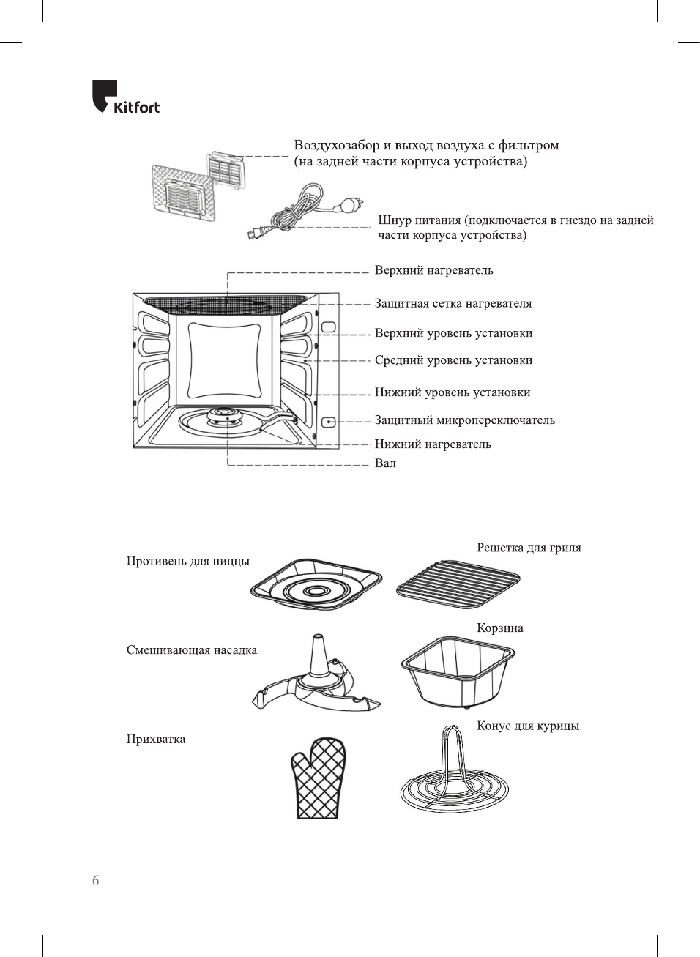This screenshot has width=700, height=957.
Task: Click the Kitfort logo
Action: point(125,97)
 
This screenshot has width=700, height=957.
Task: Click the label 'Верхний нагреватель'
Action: point(433,270)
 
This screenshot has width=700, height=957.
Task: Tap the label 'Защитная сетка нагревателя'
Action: point(453,303)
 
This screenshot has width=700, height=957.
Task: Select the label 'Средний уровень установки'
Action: point(453,360)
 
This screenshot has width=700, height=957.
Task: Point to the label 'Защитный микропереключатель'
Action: point(464,420)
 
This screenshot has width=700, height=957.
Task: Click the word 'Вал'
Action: point(385,463)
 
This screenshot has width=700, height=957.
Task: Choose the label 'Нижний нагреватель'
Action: point(433,444)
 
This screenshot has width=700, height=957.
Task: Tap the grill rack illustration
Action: point(458,585)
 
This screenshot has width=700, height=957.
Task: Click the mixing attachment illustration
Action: point(317,677)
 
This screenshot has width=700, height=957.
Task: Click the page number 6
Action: point(95,881)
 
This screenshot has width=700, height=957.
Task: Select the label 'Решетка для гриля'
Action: point(529,548)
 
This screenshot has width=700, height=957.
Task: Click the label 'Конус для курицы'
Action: point(527,726)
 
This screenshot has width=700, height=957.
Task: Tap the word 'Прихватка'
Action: point(156,739)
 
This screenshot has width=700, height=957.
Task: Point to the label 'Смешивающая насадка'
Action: point(191,650)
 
